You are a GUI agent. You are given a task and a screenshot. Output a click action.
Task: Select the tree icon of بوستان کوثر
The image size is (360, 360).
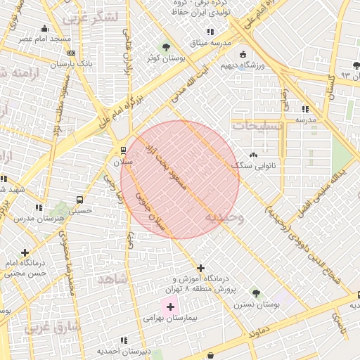click(166, 48)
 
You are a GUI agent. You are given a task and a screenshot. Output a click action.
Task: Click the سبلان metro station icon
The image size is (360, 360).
click(124, 150)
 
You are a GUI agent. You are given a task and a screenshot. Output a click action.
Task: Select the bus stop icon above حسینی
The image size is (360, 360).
click(80, 198)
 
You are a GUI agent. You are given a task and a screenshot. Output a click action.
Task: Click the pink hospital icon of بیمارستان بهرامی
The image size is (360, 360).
click(170, 307)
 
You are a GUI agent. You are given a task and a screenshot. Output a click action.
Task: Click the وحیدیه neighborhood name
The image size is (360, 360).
click(224, 218)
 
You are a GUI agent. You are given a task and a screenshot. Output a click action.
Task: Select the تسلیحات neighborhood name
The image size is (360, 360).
click(257, 125)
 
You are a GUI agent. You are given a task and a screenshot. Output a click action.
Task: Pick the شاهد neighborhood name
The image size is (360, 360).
click(112, 279)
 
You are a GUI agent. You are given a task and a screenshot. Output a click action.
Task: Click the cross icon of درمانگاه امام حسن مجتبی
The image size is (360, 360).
click(25, 252)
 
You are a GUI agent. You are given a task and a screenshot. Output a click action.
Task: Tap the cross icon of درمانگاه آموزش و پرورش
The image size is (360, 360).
click(201, 268)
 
